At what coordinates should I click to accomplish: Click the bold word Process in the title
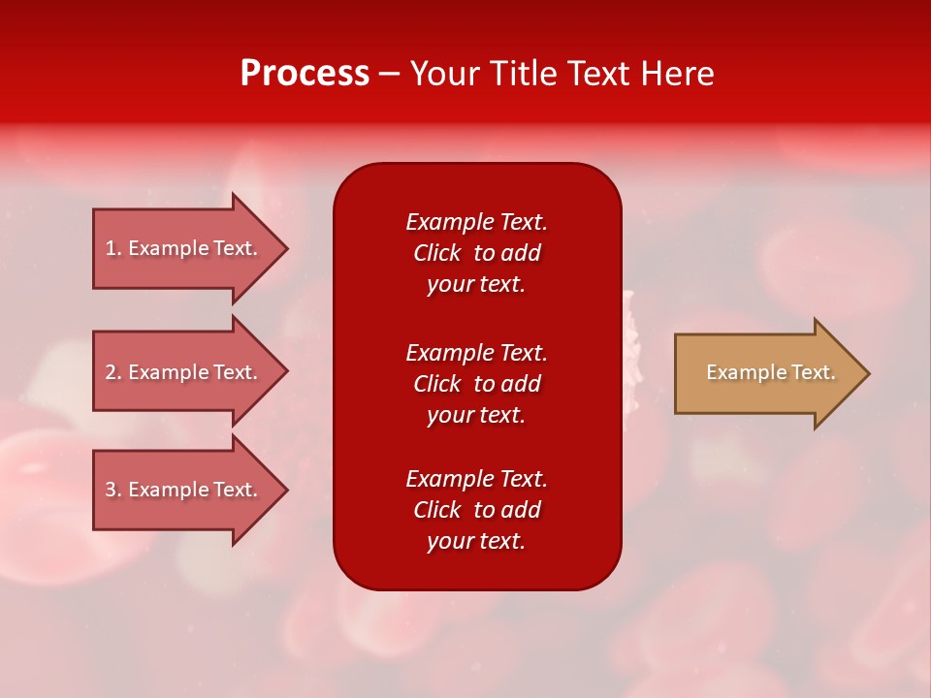[305, 74]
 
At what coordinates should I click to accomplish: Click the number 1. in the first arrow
[113, 248]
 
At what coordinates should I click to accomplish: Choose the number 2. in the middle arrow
[113, 372]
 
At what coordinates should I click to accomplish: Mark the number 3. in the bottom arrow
[113, 490]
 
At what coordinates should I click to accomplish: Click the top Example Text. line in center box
[476, 222]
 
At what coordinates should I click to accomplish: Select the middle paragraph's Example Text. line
[476, 353]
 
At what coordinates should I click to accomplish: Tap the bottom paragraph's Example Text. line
[476, 479]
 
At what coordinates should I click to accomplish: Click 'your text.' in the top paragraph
[476, 285]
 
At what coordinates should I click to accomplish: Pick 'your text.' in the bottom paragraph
[476, 542]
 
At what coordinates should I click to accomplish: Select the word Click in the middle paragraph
[437, 384]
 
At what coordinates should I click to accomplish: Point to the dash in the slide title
[389, 75]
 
